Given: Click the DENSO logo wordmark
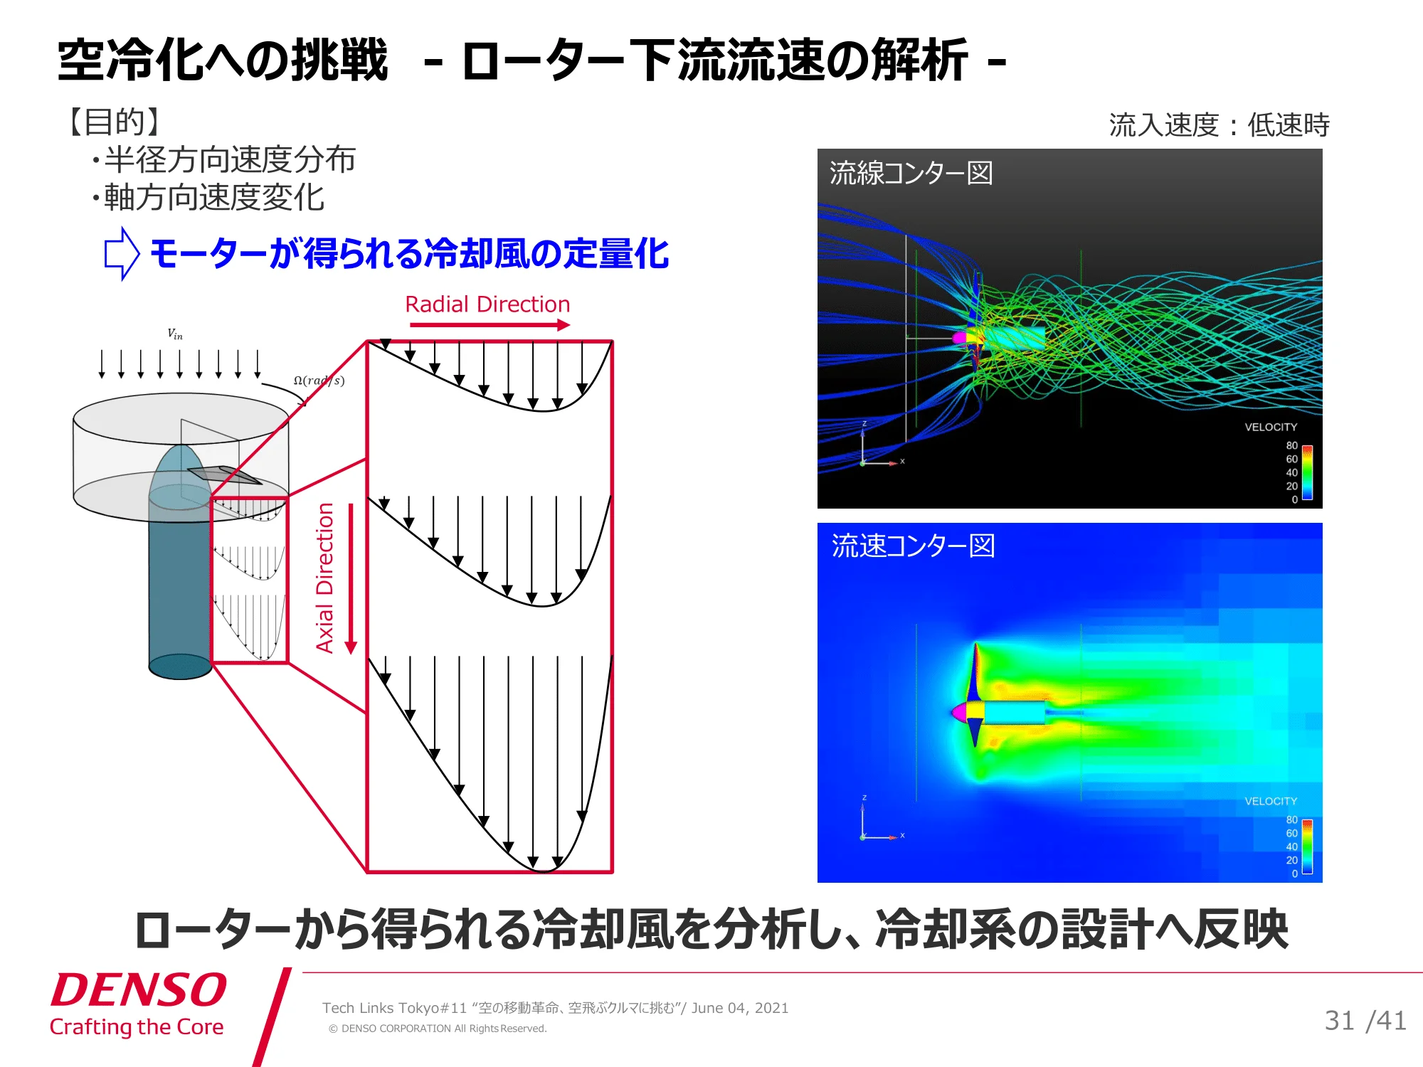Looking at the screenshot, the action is coord(139,990).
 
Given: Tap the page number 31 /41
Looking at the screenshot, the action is coord(1365,1021).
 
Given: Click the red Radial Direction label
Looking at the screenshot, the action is coord(487,304).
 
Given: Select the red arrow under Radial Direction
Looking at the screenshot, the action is coord(490,325).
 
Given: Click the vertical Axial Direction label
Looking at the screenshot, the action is coord(324,578).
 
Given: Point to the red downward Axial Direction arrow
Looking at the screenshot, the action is coord(351,578).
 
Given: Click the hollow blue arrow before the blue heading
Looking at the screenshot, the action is coord(122,253).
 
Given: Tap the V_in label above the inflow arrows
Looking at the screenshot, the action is coord(175,334).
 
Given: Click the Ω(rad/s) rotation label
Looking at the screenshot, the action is coord(319,381).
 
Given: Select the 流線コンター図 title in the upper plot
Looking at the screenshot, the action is coord(911,173).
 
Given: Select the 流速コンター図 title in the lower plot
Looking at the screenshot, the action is coord(913,546).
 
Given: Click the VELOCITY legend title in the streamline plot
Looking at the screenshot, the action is coord(1271,427).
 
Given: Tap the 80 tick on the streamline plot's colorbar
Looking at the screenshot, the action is coord(1291,445).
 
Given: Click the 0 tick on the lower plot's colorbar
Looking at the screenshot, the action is coord(1295,874).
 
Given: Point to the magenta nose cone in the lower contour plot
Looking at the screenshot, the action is coord(959,711).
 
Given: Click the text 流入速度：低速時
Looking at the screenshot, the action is coord(1220,125).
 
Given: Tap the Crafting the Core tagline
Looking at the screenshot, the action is coord(137,1027).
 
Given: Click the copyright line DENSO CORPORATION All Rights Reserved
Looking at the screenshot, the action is coord(438,1029).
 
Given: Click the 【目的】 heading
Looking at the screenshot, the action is coord(114,122).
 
